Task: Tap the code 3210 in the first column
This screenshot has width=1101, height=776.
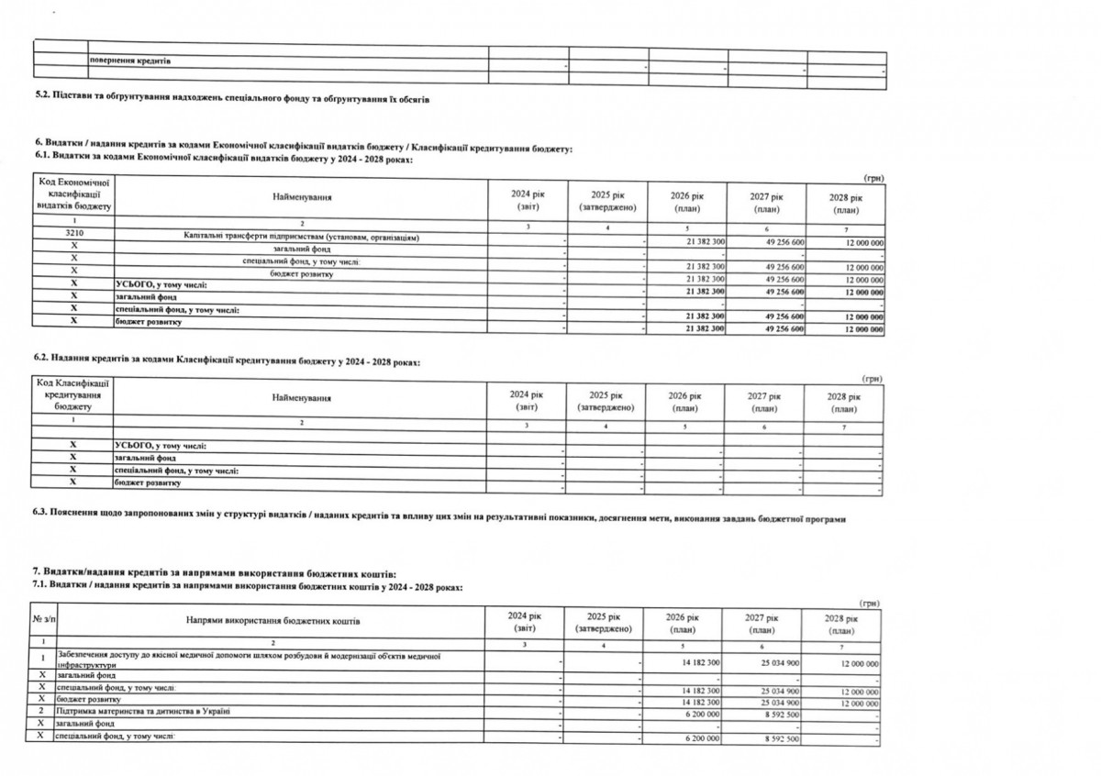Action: [72, 237]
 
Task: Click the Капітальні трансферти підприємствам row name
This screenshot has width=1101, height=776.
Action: [302, 238]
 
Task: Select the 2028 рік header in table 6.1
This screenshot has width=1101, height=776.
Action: [845, 203]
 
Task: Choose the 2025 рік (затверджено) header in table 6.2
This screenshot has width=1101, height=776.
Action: [606, 400]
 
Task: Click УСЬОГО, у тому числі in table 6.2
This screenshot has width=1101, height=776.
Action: [161, 446]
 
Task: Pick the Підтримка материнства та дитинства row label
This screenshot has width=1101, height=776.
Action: [143, 711]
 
